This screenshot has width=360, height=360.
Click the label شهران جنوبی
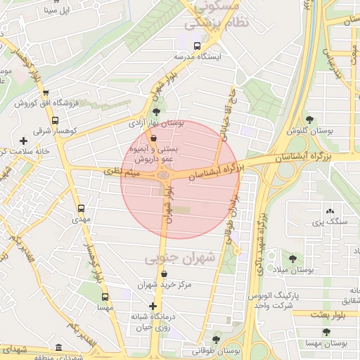coord(179,259)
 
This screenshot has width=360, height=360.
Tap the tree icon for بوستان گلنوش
coord(310,120)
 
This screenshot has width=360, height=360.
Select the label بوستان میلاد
coord(293,270)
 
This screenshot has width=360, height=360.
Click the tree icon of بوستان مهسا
coord(326,332)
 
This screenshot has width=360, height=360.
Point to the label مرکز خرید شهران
coord(165,284)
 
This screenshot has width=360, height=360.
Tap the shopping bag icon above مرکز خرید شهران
coord(165,274)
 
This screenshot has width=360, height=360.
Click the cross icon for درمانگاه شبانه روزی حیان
coord(153,306)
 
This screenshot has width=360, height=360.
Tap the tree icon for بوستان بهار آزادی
coord(156,112)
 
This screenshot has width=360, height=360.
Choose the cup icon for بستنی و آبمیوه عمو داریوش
coord(153,139)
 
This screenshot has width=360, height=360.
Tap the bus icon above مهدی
coord(82,209)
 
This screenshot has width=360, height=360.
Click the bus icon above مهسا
coord(105,297)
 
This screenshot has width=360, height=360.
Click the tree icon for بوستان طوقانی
coord(217,339)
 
